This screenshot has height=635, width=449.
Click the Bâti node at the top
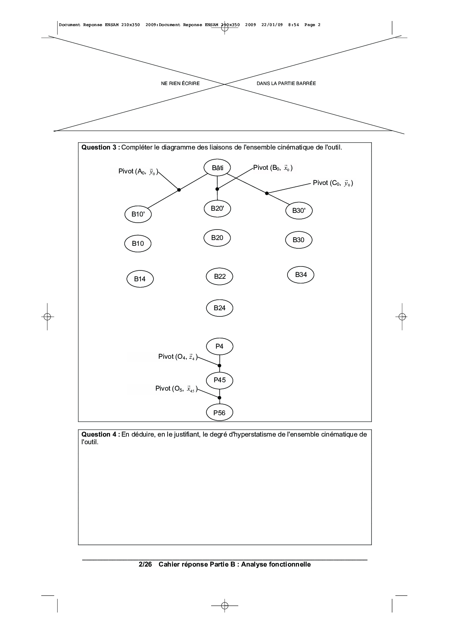217,168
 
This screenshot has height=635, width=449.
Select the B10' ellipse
138,214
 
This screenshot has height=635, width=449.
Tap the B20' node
217,208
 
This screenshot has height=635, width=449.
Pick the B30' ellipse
299,211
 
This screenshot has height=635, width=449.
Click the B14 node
140,279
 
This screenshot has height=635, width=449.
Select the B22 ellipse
219,277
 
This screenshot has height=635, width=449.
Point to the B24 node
219,308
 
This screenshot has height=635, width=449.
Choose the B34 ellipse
301,275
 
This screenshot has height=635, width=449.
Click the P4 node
219,346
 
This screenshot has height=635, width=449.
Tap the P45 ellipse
219,380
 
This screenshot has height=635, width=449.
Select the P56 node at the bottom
219,413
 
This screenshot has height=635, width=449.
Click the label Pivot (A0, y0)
138,172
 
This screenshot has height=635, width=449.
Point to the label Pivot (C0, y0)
333,183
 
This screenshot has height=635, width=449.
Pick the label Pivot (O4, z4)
178,357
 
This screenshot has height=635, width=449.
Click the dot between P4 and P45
219,366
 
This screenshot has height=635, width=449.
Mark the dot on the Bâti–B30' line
267,193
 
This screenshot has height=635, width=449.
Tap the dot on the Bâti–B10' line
179,190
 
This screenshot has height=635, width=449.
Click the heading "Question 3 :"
101,147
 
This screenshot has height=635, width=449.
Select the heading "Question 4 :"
101,434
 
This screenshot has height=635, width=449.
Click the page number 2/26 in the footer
145,564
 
